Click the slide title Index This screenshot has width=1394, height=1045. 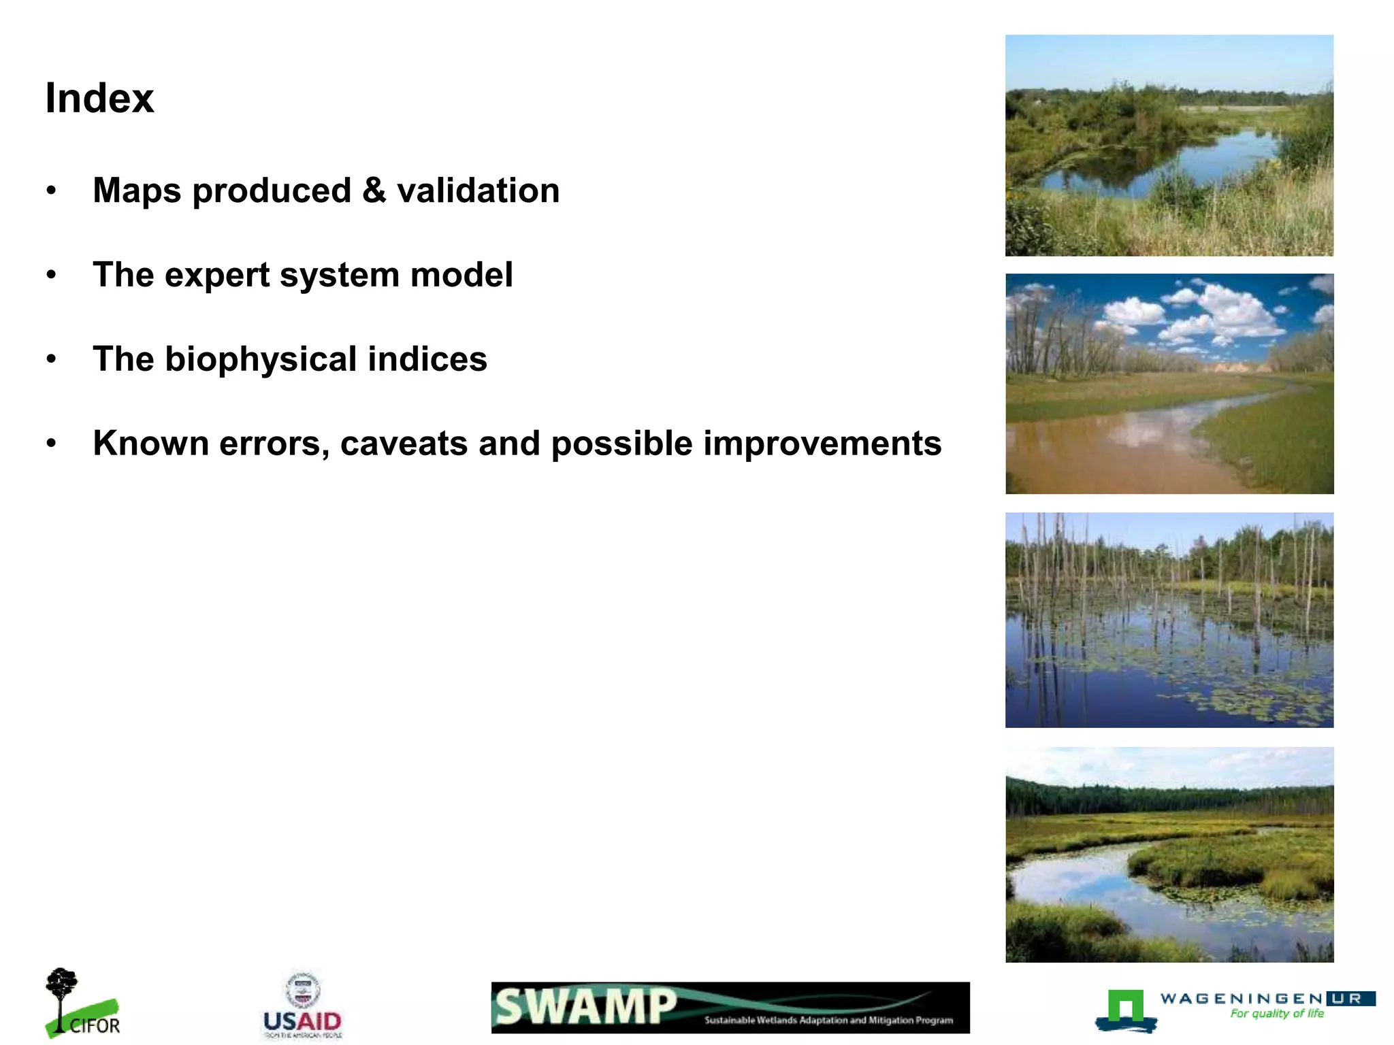[x=99, y=99]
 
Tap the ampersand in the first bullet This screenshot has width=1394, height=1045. [x=374, y=190]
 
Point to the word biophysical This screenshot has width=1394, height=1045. [x=261, y=359]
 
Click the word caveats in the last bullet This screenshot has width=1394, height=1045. [x=403, y=444]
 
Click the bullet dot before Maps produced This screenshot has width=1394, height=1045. [x=51, y=191]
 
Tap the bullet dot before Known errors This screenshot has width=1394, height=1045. [x=51, y=444]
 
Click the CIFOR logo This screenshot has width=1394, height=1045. [x=82, y=1004]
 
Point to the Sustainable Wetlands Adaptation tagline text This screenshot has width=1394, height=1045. [x=828, y=1020]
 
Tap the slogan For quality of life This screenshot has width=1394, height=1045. [x=1276, y=1014]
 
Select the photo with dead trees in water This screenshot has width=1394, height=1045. [x=1169, y=620]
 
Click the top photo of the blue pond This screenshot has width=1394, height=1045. [x=1169, y=146]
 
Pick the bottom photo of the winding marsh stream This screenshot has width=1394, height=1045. [x=1169, y=855]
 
